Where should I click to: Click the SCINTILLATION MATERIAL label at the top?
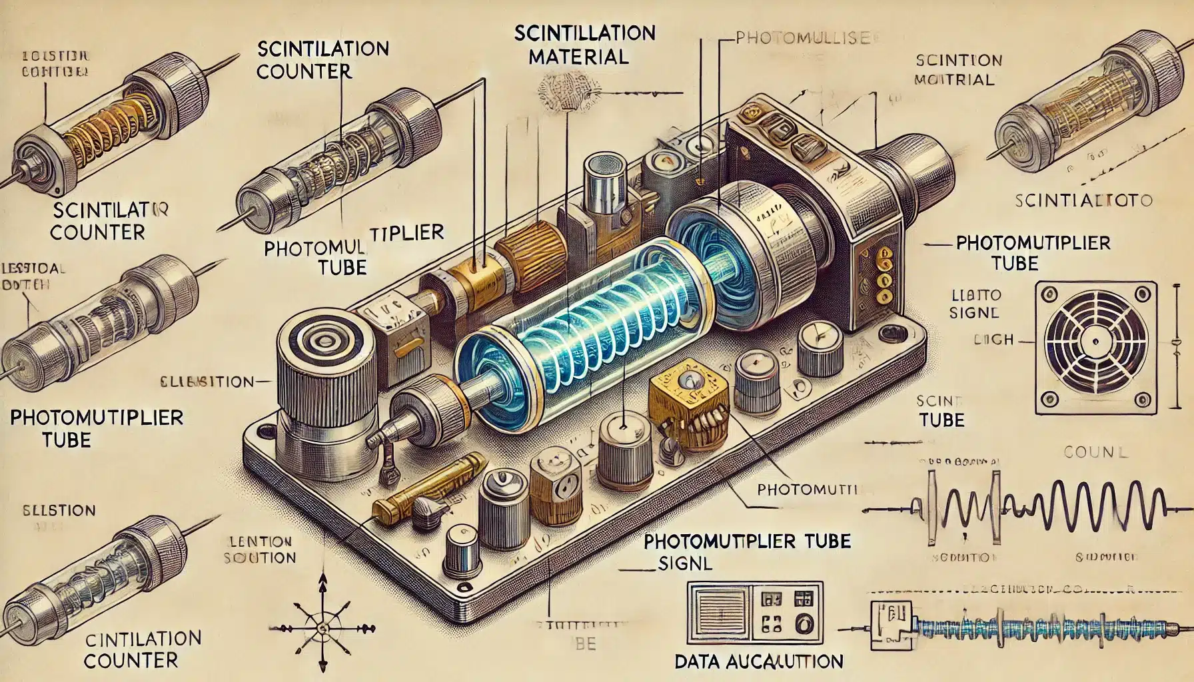tap(584, 44)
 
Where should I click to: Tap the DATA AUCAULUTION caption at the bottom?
tap(759, 661)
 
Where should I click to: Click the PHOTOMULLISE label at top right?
tap(802, 39)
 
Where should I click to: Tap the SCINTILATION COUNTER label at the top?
tap(322, 59)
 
